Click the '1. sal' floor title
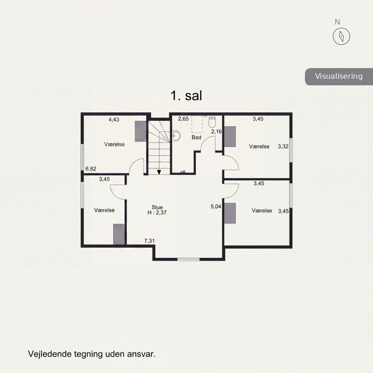tap(186, 96)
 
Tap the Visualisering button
tap(339, 76)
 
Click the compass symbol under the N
tap(341, 36)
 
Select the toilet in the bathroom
tap(212, 121)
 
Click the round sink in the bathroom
tap(176, 136)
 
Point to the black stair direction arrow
tap(159, 172)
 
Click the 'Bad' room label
tap(196, 137)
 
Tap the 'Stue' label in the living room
tap(157, 207)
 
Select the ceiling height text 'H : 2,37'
tap(157, 213)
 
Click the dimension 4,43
tap(114, 119)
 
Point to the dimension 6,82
tap(91, 169)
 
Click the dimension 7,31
tap(149, 241)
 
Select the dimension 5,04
tap(216, 207)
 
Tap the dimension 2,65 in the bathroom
tap(183, 119)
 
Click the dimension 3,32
tap(283, 146)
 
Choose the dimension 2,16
tap(216, 131)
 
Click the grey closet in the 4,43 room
tap(141, 131)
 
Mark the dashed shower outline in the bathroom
tap(197, 124)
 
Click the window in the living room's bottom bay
tap(189, 259)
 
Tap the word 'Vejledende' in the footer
tap(50, 354)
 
